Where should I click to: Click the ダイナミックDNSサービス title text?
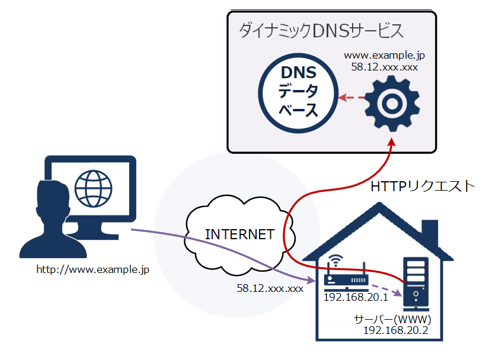(321, 30)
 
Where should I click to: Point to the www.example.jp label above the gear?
(385, 56)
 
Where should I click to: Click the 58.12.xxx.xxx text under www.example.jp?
(385, 67)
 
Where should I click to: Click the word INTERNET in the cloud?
(239, 234)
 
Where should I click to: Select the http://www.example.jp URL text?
(92, 269)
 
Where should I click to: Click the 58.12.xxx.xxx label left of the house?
(270, 288)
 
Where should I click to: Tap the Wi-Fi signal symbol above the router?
(336, 261)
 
